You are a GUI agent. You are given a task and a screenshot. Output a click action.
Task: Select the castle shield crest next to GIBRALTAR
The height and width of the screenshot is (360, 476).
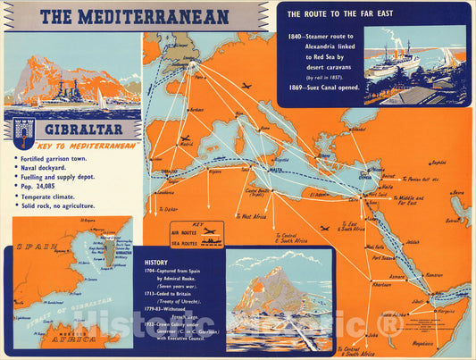point(24,130)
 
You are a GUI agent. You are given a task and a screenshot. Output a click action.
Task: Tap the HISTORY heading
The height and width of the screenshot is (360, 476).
point(155,263)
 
